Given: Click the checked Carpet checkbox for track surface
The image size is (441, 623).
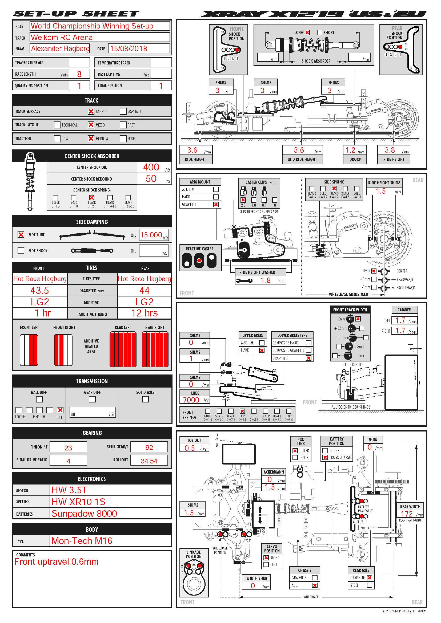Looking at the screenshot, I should pyautogui.click(x=91, y=111).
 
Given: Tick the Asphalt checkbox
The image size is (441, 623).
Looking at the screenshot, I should pyautogui.click(x=123, y=111).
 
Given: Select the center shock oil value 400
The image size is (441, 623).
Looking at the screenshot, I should pyautogui.click(x=151, y=167).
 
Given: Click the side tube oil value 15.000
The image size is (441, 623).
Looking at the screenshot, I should pyautogui.click(x=151, y=235).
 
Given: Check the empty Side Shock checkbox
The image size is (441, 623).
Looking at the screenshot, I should pyautogui.click(x=21, y=250).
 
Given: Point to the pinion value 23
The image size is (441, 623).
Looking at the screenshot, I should pyautogui.click(x=68, y=448).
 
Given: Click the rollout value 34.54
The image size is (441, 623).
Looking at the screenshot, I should pyautogui.click(x=149, y=461).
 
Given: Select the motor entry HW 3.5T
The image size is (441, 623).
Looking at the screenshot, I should pyautogui.click(x=69, y=490).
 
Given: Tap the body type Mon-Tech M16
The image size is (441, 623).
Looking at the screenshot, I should pyautogui.click(x=82, y=540).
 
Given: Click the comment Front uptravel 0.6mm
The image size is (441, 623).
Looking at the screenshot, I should pyautogui.click(x=56, y=562).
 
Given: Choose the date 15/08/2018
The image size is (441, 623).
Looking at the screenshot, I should pyautogui.click(x=129, y=48).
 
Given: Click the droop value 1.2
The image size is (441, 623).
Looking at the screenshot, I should pyautogui.click(x=350, y=150).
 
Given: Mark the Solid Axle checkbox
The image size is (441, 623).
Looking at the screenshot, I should pyautogui.click(x=145, y=399).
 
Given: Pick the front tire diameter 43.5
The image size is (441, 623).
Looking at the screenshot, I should pyautogui.click(x=40, y=291).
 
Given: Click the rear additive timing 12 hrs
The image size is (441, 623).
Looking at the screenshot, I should pyautogui.click(x=144, y=313).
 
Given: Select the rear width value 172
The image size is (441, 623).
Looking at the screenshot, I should pyautogui.click(x=407, y=514).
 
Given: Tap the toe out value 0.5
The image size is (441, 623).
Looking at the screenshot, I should pyautogui.click(x=190, y=448).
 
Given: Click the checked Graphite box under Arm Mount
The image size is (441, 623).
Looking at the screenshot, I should pyautogui.click(x=216, y=205).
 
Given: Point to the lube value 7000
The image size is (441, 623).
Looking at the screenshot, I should pyautogui.click(x=191, y=400).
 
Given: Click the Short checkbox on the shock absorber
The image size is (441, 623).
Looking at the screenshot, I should pyautogui.click(x=320, y=32).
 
